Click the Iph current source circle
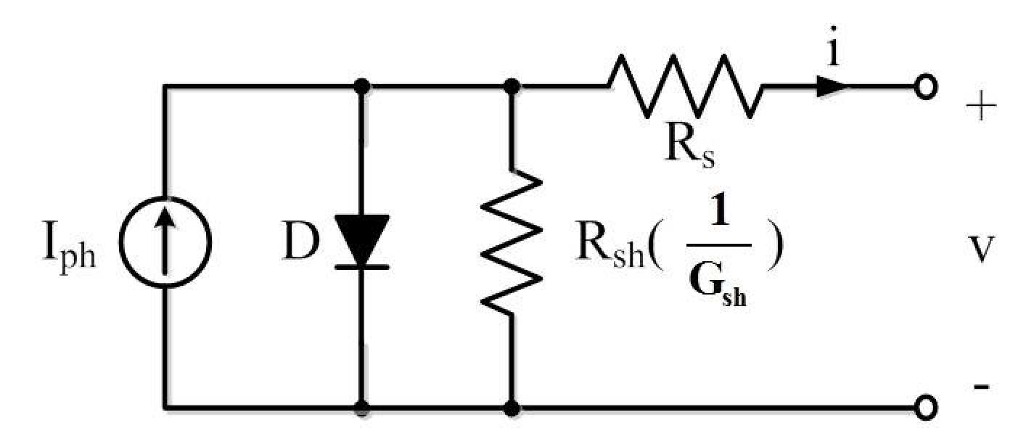[120, 242]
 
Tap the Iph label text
[70, 248]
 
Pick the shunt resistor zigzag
[511, 242]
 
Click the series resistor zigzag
[685, 86]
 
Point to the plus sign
[982, 107]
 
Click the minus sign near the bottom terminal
[982, 387]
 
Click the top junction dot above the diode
[362, 86]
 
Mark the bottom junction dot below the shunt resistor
[511, 408]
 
